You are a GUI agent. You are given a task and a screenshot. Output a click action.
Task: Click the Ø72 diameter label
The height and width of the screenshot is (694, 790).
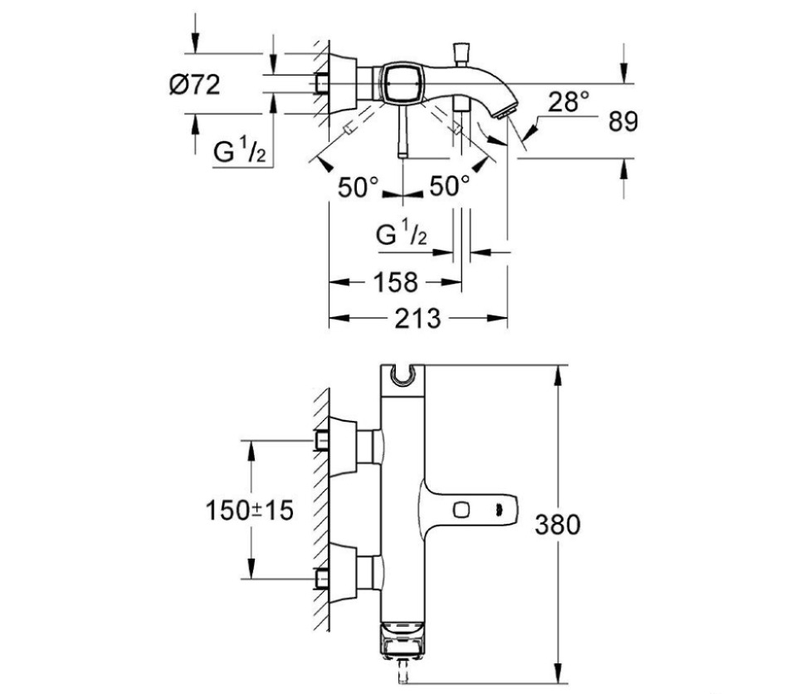tap(195, 84)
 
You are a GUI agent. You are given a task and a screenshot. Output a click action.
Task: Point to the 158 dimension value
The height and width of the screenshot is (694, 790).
tap(395, 282)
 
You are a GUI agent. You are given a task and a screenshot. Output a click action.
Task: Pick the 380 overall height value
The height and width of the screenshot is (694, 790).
tap(556, 525)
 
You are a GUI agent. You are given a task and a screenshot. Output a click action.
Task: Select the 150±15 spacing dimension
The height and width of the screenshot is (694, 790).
tap(250, 510)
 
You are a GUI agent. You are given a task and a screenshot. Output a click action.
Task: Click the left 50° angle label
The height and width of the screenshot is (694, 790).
tap(358, 187)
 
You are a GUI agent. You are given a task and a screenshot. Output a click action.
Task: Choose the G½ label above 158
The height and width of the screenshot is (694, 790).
tap(402, 235)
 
